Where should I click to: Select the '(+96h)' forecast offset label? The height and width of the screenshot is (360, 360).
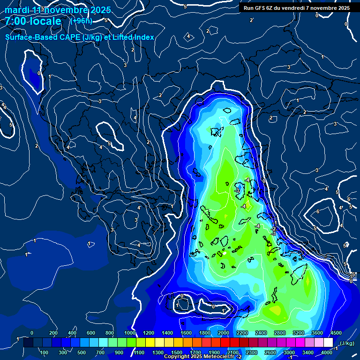pyautogui.click(x=81, y=21)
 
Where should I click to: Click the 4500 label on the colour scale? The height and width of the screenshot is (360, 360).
pyautogui.click(x=336, y=333)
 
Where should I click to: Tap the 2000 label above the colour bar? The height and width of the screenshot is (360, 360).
pyautogui.click(x=224, y=333)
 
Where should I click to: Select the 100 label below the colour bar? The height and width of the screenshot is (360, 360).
pyautogui.click(x=44, y=352)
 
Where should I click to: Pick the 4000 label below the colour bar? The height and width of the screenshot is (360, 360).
pyautogui.click(x=326, y=352)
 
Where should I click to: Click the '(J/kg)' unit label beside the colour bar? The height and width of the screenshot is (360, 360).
pyautogui.click(x=346, y=344)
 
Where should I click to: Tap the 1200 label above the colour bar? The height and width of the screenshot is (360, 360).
pyautogui.click(x=149, y=333)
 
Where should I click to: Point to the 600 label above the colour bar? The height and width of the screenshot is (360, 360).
pyautogui.click(x=90, y=333)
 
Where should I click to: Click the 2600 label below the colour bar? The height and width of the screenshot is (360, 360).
pyautogui.click(x=270, y=352)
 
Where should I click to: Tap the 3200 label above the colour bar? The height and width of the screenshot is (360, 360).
pyautogui.click(x=298, y=333)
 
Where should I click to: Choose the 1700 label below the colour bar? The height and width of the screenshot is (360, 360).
pyautogui.click(x=195, y=352)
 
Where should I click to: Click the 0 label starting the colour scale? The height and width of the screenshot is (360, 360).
pyautogui.click(x=32, y=333)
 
